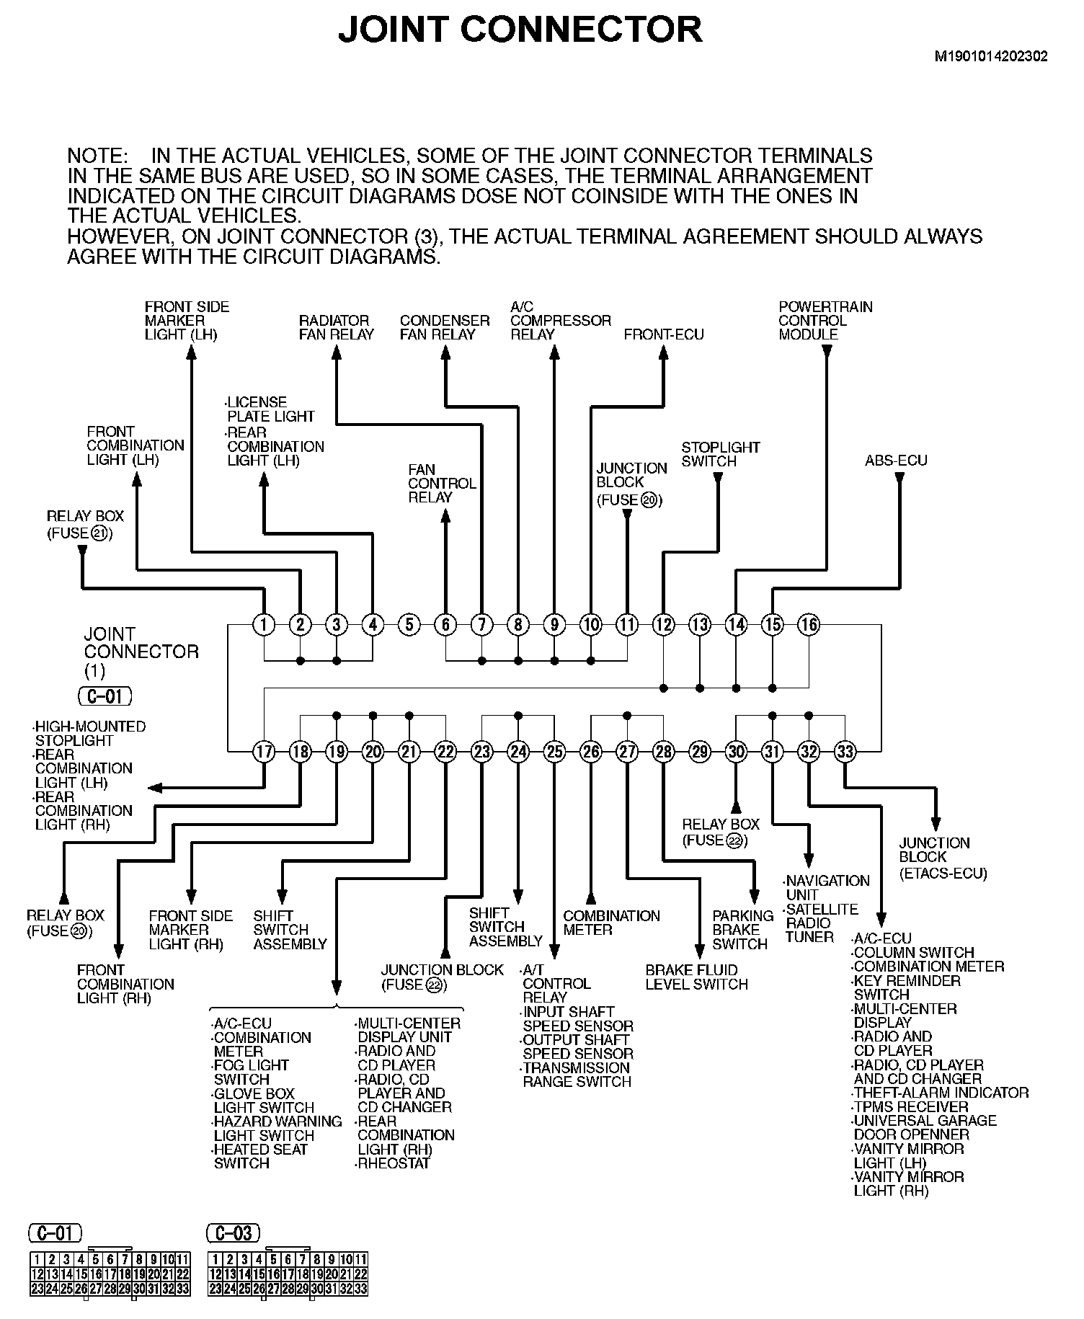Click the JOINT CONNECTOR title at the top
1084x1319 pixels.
(520, 30)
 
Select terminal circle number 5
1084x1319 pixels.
(409, 624)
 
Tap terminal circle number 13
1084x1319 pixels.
(700, 624)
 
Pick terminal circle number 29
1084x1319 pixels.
(700, 752)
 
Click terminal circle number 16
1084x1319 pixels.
(809, 624)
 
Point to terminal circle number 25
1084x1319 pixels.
(554, 752)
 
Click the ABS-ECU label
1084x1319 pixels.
(896, 461)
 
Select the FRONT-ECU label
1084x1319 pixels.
(664, 334)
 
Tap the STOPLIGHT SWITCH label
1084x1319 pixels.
(720, 454)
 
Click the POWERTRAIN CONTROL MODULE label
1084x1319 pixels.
(825, 321)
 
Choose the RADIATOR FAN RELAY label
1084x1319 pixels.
(337, 327)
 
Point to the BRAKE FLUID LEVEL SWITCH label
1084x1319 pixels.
(696, 977)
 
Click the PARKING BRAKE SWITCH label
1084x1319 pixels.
(742, 930)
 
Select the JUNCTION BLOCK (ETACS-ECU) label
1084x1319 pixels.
(943, 858)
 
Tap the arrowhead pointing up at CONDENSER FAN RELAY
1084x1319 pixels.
(446, 352)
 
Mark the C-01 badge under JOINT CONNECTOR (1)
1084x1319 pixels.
(105, 696)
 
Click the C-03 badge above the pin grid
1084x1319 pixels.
(234, 1233)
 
